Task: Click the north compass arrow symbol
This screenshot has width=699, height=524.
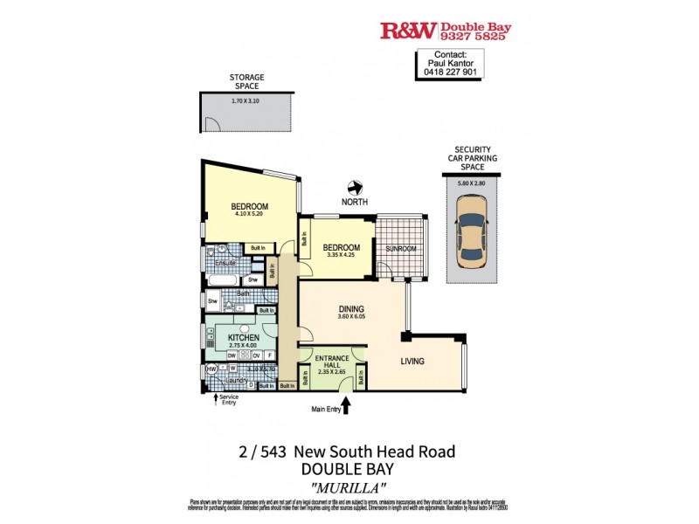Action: click(x=355, y=188)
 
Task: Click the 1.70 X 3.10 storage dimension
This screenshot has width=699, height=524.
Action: click(x=246, y=101)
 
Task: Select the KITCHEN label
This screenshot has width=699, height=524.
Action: click(x=244, y=337)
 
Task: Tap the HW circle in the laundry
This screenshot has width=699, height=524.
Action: click(x=211, y=369)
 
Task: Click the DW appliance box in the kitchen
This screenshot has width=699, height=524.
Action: click(x=232, y=355)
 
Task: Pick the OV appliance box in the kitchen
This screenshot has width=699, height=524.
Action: click(x=257, y=355)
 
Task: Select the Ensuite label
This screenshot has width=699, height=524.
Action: click(x=225, y=262)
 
